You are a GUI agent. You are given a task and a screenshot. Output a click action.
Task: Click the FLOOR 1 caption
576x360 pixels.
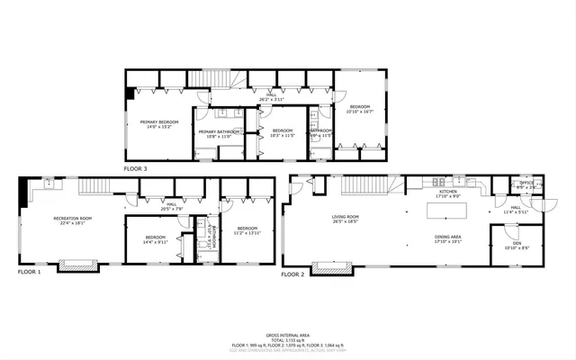[30, 271]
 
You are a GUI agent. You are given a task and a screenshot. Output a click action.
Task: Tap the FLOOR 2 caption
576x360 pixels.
[293, 274]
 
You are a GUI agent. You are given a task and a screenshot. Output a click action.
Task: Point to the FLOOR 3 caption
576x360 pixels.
[136, 168]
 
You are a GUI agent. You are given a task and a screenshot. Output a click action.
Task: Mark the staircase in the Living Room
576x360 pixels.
[379, 185]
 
